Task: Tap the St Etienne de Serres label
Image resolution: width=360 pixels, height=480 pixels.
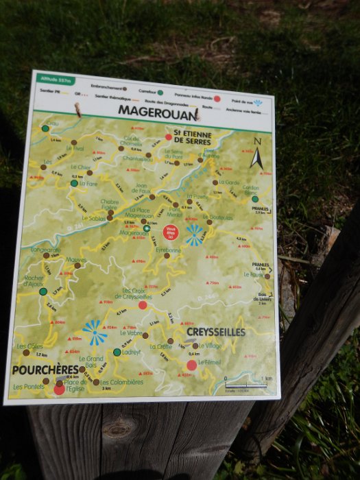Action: pos(192,137)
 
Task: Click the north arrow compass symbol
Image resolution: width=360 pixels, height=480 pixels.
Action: pos(256,156)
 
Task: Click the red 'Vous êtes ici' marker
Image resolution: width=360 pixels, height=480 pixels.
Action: pos(172,232)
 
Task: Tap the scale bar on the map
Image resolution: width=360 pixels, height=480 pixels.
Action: pos(248,385)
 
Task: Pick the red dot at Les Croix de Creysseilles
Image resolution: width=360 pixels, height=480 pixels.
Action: pos(143,305)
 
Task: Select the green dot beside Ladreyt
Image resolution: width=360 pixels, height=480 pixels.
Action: pos(117,352)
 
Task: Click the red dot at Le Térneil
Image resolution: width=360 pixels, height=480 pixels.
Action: pos(191,365)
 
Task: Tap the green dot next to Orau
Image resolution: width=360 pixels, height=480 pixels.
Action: pos(45,128)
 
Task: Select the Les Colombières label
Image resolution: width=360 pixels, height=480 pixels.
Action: pos(121,382)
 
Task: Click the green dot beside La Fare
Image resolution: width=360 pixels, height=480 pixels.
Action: pos(74,183)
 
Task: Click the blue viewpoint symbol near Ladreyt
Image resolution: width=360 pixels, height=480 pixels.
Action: pos(94,333)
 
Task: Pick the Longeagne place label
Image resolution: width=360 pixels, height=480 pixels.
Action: pos(45,250)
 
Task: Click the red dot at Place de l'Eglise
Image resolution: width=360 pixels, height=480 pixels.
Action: pos(59,389)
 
